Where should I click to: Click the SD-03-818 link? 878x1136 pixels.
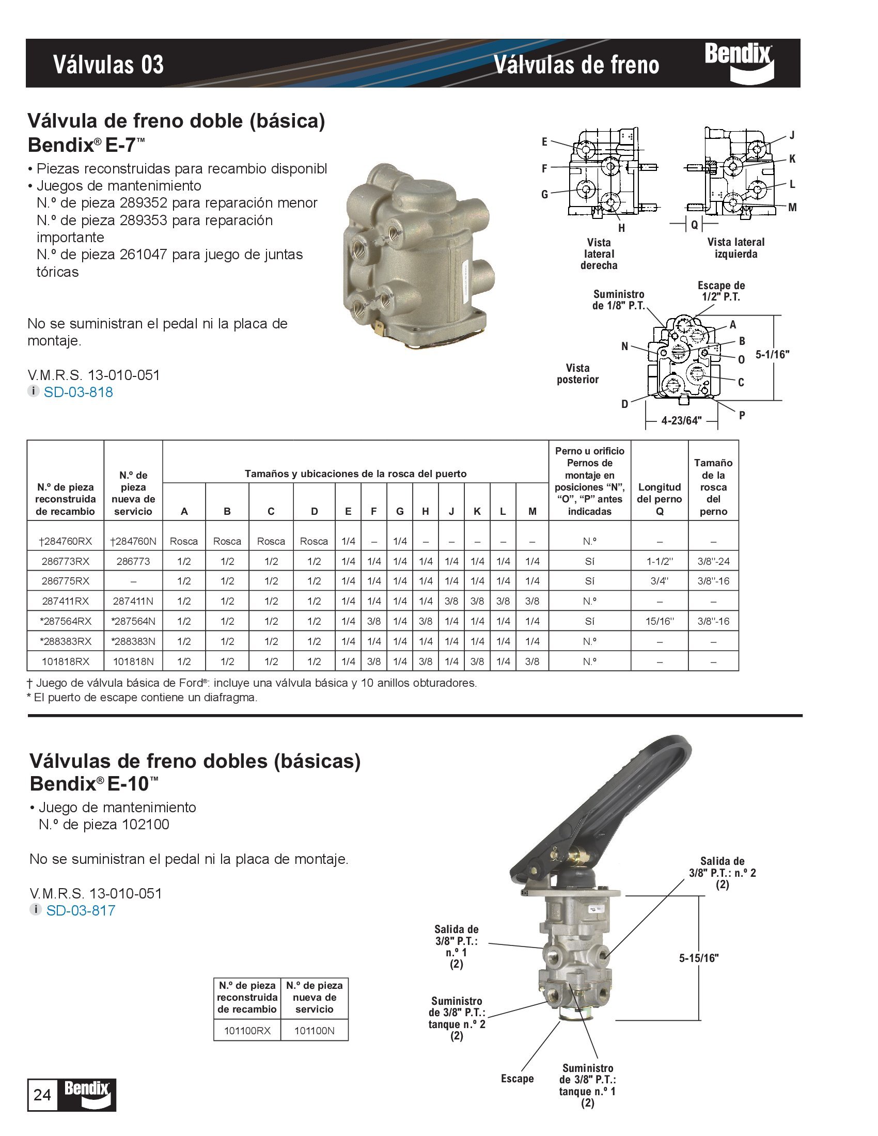tap(78, 392)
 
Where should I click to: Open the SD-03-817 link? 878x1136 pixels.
tap(81, 910)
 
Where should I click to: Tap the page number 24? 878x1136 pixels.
tap(42, 1095)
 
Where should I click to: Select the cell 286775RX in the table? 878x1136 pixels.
tap(66, 581)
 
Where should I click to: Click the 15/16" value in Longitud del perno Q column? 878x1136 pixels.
tap(659, 621)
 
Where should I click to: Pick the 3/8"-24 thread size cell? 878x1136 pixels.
tap(713, 561)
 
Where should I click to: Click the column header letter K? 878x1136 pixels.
tap(477, 511)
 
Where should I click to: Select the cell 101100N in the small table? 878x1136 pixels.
tap(314, 1031)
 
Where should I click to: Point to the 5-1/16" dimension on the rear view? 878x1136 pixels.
tap(773, 355)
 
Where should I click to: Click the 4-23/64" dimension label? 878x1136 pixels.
tap(681, 420)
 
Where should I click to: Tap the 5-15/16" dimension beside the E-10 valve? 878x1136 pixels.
tap(699, 957)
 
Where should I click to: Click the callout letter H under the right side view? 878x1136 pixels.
tap(621, 228)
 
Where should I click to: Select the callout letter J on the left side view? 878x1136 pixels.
tap(792, 136)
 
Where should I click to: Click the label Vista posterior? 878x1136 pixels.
tap(577, 374)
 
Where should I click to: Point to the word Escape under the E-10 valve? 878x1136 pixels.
tap(517, 1078)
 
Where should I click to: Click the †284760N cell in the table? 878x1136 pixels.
tap(133, 541)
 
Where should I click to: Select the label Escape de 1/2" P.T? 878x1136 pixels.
tap(721, 291)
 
